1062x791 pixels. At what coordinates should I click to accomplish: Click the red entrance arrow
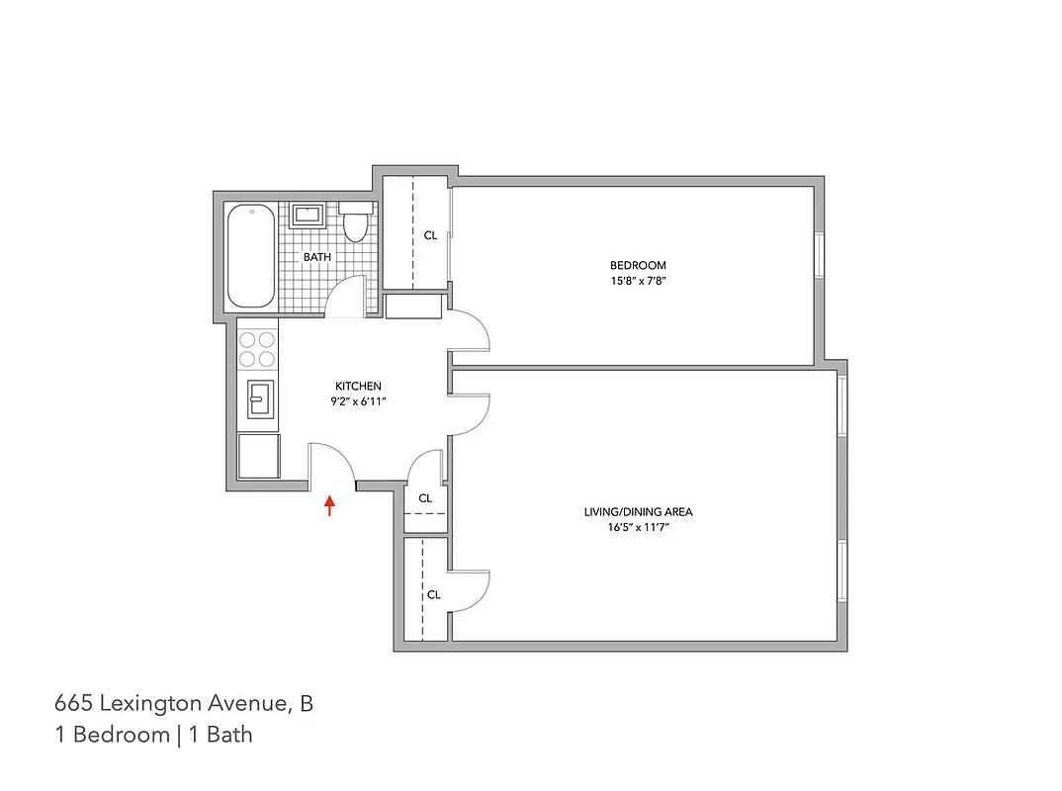tap(330, 506)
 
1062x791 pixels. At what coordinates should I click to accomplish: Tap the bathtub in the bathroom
tap(251, 257)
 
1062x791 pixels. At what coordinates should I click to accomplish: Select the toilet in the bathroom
tap(356, 224)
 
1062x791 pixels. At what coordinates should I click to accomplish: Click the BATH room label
tap(317, 257)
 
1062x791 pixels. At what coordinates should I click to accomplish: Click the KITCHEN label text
tap(358, 386)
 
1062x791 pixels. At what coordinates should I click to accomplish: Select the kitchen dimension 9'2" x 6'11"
tap(358, 401)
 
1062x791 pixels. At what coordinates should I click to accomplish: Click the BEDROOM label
tap(638, 265)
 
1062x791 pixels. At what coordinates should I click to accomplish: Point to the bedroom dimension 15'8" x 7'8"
tap(638, 280)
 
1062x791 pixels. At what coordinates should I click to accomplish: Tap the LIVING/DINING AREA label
tap(638, 512)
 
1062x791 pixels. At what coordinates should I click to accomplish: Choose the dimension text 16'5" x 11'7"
tap(638, 527)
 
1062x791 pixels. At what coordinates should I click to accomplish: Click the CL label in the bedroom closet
tap(430, 235)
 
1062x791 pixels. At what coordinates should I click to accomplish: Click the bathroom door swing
tap(346, 298)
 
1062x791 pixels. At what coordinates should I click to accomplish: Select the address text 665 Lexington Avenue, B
tap(184, 704)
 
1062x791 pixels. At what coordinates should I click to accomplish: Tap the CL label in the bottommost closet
tap(433, 594)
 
